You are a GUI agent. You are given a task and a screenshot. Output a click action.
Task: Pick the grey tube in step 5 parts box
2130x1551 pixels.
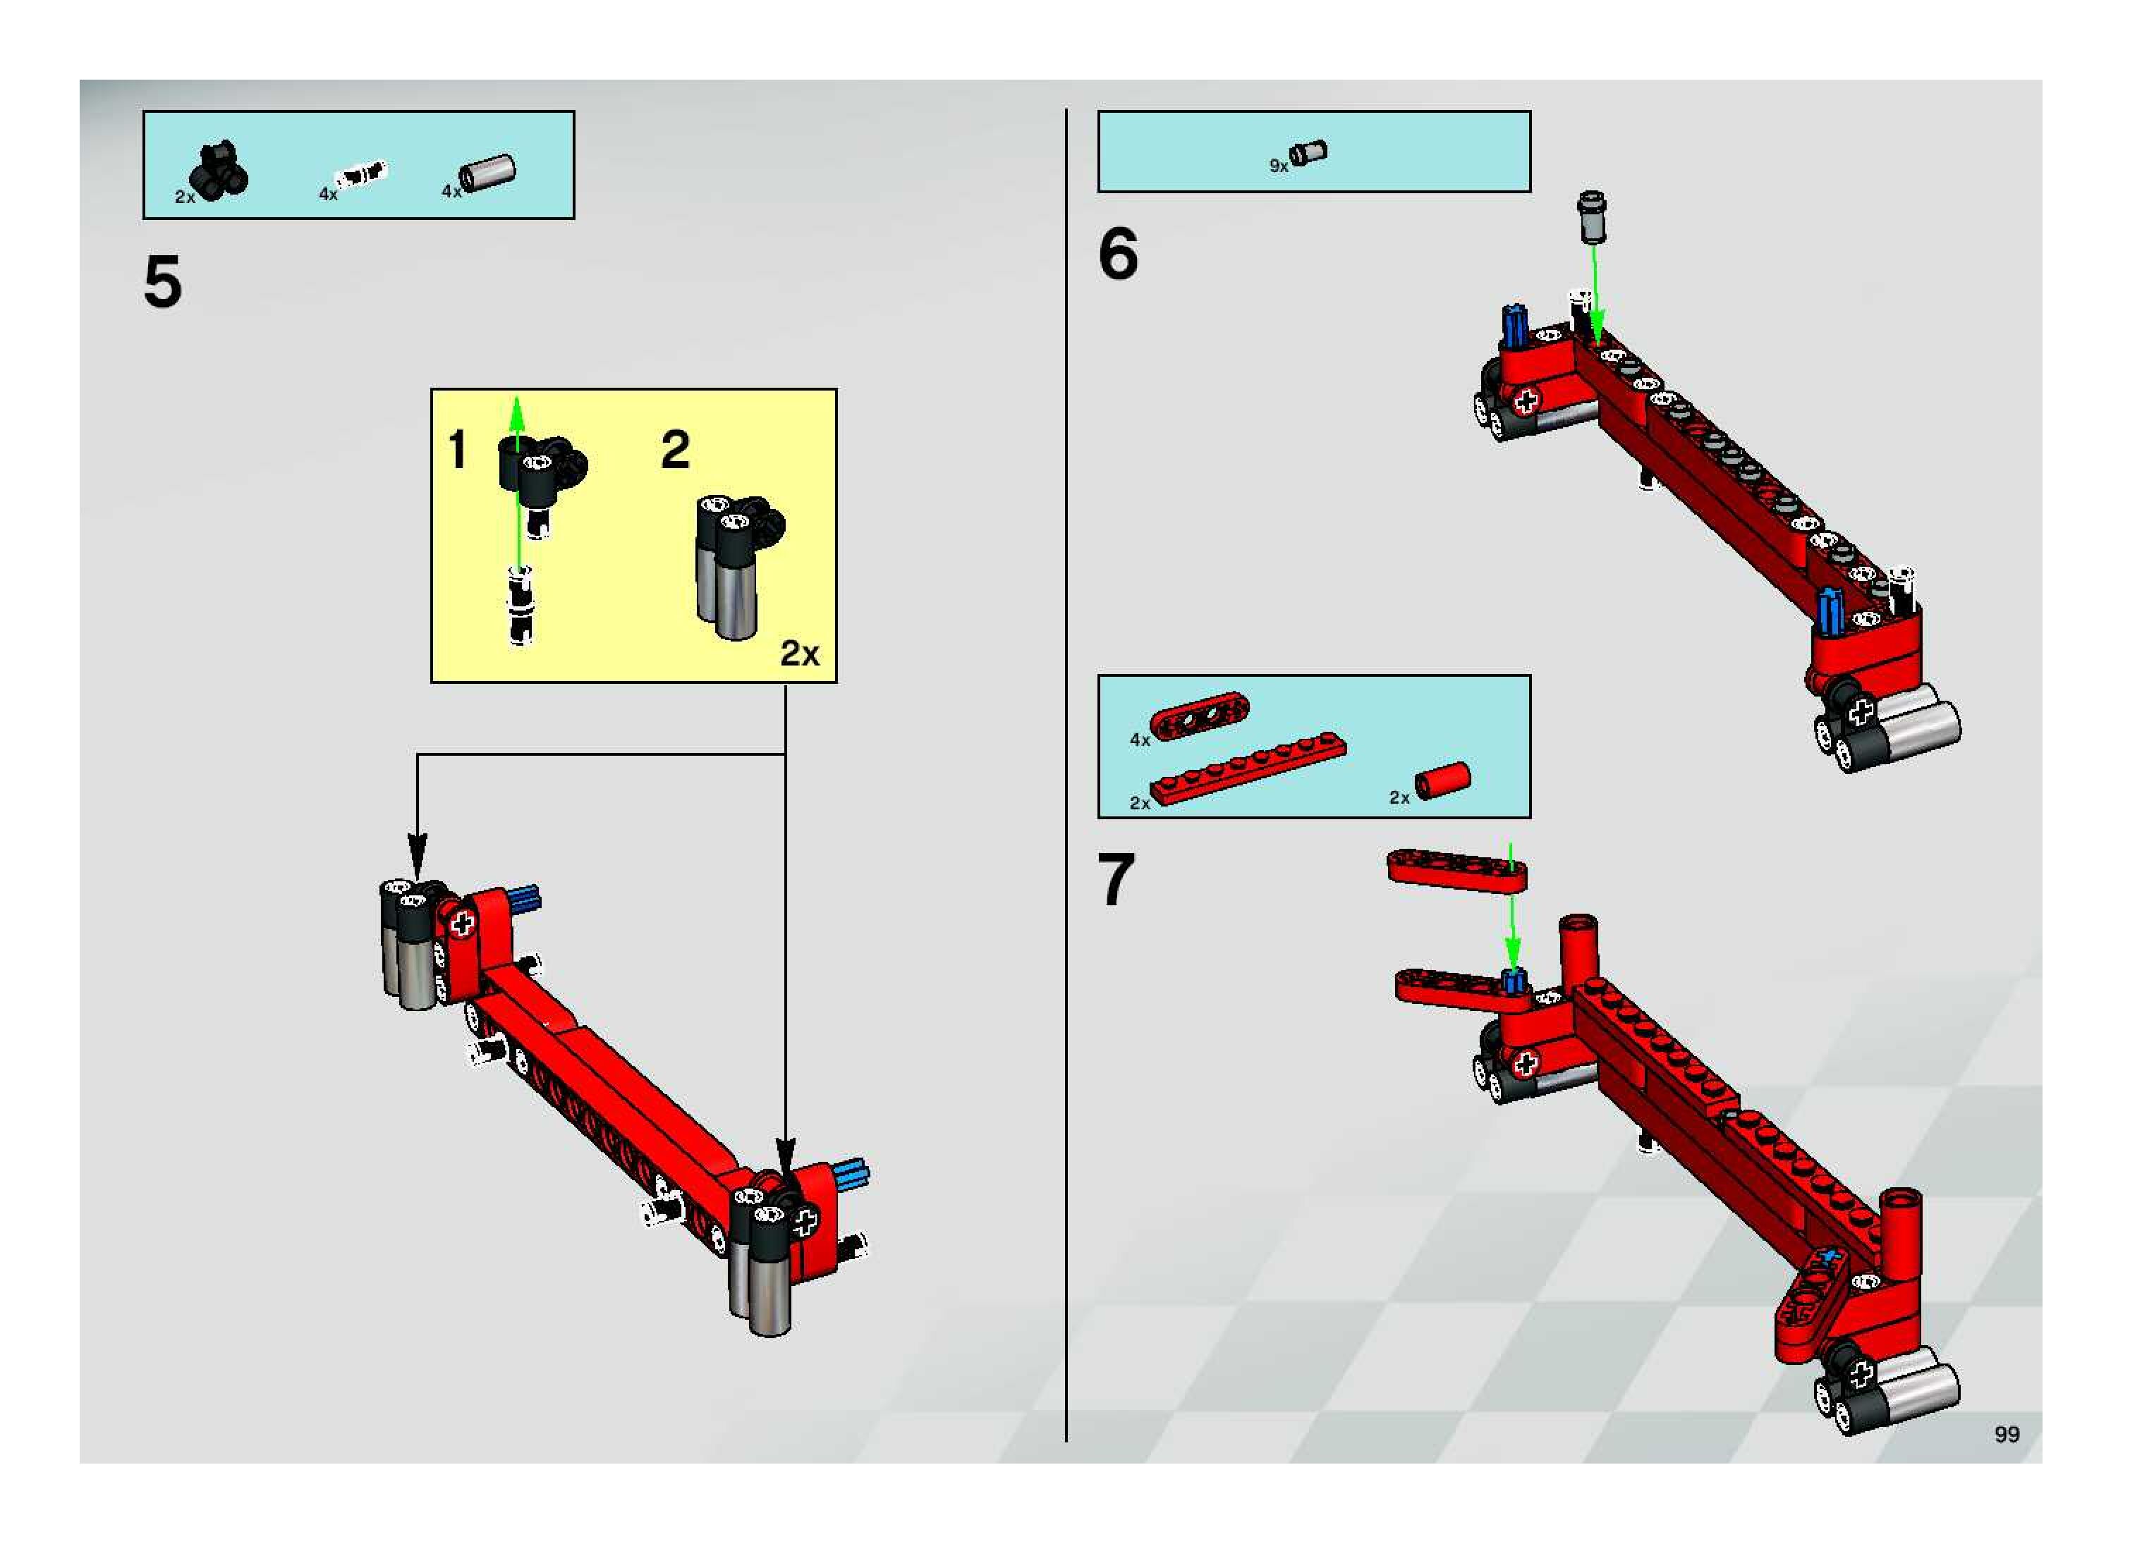point(488,173)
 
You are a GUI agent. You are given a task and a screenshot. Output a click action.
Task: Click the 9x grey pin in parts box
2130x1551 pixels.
point(1308,152)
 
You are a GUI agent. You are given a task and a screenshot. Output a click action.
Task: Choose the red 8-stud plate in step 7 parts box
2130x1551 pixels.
point(1248,768)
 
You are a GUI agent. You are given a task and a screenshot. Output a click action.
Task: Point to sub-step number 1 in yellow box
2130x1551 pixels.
point(457,449)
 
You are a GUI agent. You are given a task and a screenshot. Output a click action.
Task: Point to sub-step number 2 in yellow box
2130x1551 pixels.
point(675,449)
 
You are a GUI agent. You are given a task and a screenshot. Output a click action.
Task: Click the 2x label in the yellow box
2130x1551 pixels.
point(799,654)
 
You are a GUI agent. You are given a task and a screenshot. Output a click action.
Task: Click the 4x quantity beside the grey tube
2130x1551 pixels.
point(451,192)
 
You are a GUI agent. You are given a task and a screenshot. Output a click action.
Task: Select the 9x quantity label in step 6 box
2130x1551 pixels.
point(1278,166)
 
